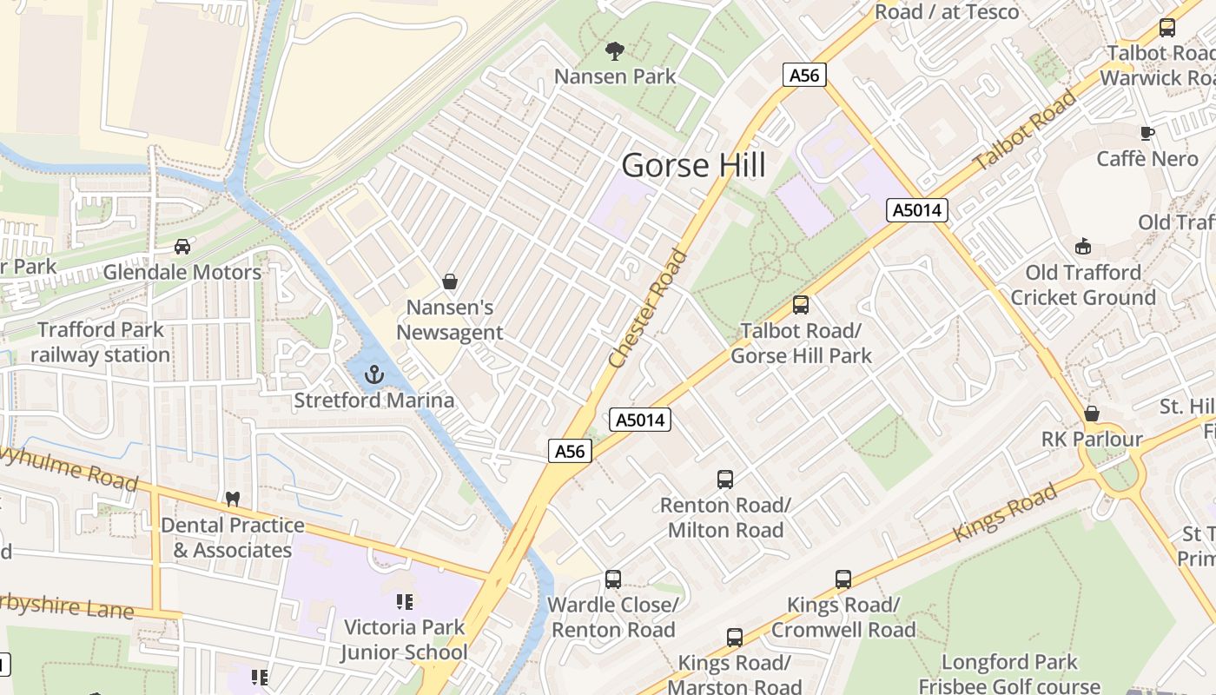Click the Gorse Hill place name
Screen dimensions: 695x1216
694,164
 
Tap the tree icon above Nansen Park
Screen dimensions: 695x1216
615,51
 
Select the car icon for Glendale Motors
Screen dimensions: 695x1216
182,247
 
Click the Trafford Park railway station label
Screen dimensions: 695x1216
101,342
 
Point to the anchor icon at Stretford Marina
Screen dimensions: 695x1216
374,374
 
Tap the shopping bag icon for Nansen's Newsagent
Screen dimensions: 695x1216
450,281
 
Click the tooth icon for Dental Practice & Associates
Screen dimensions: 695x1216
232,500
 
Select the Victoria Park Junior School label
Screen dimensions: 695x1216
404,639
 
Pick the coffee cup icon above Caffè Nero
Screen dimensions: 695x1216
1147,133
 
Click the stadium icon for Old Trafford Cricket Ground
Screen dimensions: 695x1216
1082,247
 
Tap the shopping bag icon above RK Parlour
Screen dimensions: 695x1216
1092,414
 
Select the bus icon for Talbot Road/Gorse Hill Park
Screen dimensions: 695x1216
801,305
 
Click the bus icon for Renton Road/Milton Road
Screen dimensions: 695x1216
725,479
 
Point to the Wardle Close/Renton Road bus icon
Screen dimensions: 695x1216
613,579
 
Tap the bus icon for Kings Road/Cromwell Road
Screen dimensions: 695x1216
843,579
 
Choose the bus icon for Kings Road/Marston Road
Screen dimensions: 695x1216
735,638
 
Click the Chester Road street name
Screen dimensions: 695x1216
648,308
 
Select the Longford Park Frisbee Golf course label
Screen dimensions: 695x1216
1009,674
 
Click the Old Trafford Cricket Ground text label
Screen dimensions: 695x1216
1082,285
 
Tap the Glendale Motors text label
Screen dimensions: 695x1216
182,272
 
